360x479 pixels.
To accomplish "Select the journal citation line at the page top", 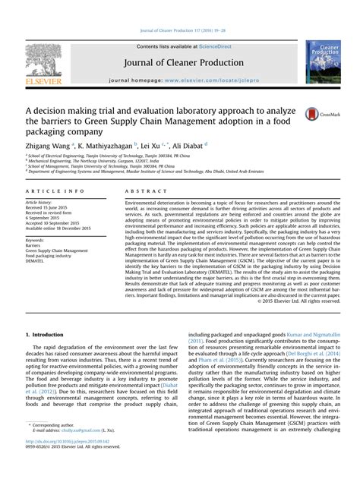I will tap(179, 30).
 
